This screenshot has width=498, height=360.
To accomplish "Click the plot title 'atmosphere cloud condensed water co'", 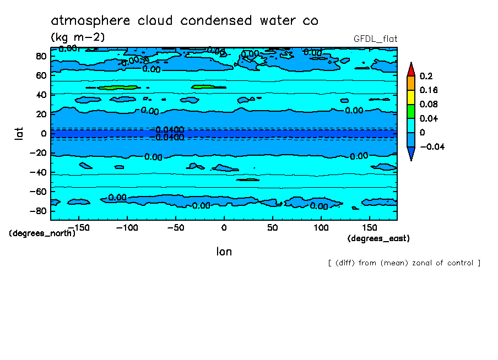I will click(x=185, y=21).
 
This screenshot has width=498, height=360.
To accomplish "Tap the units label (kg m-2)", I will click(x=77, y=37).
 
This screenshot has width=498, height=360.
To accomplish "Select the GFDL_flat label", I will click(x=375, y=39).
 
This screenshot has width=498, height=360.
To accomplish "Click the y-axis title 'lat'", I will click(x=18, y=133).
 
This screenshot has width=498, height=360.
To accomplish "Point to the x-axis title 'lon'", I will click(x=224, y=252).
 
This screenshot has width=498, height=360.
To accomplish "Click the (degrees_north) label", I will click(x=42, y=233).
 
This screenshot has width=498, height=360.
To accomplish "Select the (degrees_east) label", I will click(x=378, y=238).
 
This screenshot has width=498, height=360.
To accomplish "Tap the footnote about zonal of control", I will click(x=404, y=263).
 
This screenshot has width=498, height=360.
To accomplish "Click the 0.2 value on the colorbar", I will click(x=426, y=76).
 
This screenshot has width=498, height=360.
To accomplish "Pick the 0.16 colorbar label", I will click(x=429, y=90).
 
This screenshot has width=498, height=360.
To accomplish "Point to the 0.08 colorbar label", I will click(x=429, y=104).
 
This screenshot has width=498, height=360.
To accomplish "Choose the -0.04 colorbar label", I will click(x=431, y=146).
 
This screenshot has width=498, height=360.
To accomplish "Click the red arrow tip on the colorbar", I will click(x=410, y=69).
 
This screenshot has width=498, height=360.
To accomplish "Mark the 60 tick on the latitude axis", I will click(x=41, y=75).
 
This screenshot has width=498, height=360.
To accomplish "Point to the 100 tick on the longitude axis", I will click(x=321, y=227).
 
